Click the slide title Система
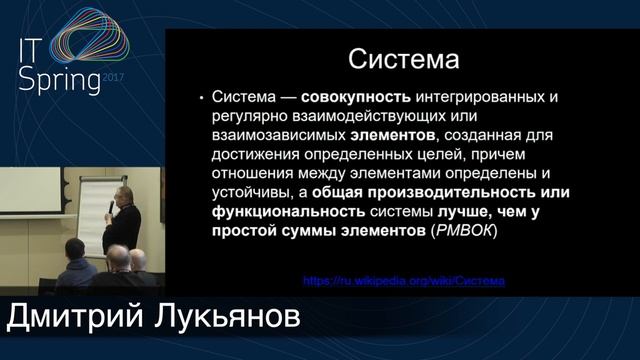[403, 61]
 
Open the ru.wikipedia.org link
[403, 281]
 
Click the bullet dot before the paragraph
[202, 99]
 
